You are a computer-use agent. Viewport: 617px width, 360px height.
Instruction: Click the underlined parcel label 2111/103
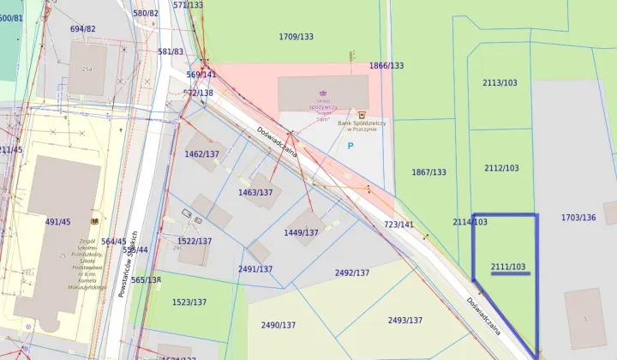point(508,267)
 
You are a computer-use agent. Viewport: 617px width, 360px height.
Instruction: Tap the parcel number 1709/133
point(297,37)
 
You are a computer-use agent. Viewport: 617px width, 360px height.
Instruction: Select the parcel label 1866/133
point(386,66)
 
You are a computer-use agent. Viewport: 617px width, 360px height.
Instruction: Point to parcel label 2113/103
point(500,83)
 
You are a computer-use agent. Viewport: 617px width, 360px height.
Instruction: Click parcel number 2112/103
point(501,168)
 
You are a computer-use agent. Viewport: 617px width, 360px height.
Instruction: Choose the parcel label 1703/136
point(578,218)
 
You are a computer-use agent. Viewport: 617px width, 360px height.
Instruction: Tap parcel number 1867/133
point(428,172)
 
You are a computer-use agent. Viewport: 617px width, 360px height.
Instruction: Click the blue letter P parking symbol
point(350,147)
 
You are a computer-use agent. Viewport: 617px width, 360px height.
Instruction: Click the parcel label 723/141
point(398,225)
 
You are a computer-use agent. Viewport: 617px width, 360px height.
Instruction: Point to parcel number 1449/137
point(301,232)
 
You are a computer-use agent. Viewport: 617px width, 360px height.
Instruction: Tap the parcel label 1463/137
point(255,193)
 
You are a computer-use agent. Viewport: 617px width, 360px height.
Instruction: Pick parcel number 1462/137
point(202,154)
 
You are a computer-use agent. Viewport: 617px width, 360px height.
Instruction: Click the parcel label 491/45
point(58,222)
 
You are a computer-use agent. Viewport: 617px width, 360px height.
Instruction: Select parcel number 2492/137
point(352,273)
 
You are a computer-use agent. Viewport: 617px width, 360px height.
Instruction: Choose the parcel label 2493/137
point(404,321)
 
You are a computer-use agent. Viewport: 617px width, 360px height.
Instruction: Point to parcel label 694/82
point(83,29)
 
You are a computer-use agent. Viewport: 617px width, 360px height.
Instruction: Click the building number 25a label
point(87,69)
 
